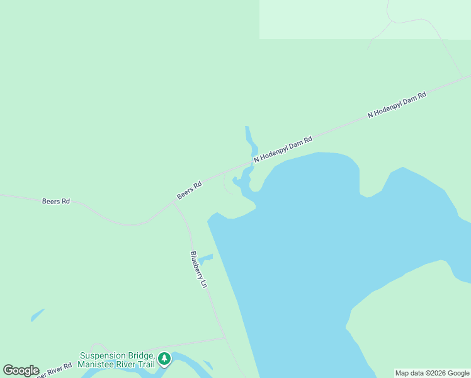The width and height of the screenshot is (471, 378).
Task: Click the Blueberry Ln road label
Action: (198, 270)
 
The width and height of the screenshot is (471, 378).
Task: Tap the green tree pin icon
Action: (164, 358)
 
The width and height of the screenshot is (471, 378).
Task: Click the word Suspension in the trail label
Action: (103, 355)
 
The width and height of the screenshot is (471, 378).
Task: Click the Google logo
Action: (21, 370)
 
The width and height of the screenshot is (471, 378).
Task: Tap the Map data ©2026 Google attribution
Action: (432, 374)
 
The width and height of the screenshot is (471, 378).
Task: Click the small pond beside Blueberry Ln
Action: (205, 257)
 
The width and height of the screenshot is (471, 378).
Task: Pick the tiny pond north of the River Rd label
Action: (37, 314)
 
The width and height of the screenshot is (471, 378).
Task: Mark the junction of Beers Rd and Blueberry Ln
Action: (173, 203)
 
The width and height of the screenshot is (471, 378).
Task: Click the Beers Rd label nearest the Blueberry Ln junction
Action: (189, 190)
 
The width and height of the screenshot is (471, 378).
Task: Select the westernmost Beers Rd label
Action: (55, 202)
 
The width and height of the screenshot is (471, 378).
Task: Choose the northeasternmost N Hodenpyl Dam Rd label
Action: (397, 105)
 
